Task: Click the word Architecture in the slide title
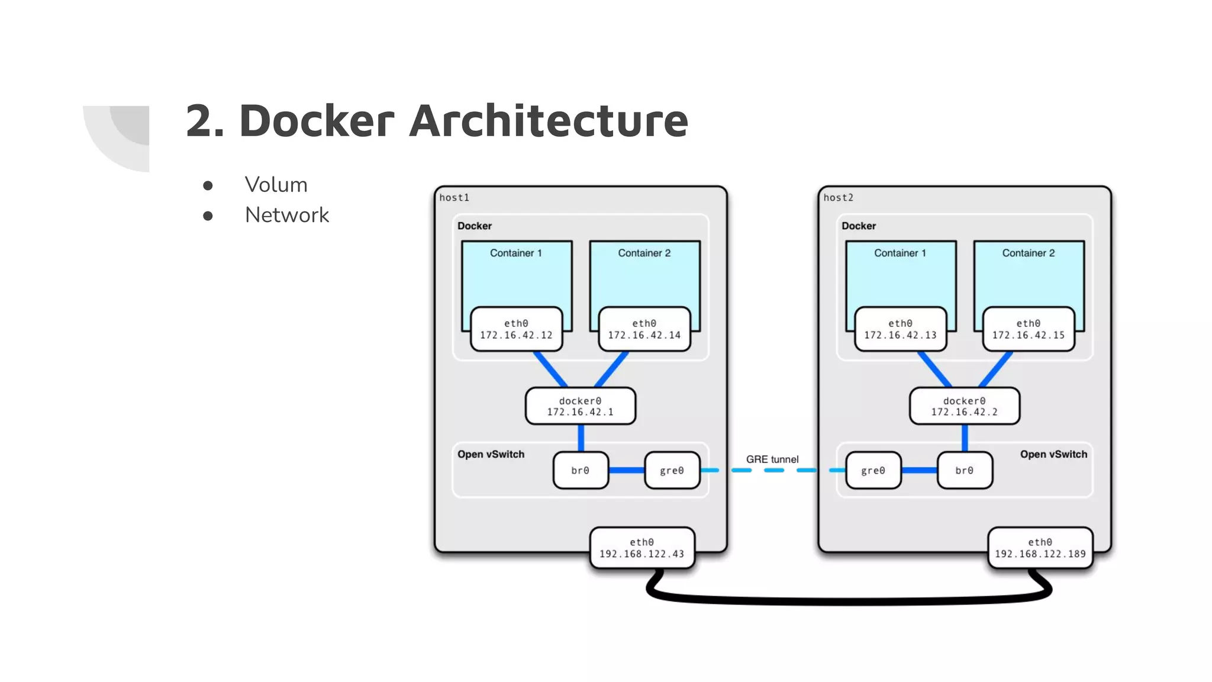coord(548,121)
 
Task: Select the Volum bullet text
coord(276,185)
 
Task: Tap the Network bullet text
coord(286,215)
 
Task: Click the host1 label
coord(454,198)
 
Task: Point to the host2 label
coord(838,198)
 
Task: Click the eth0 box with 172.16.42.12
coord(516,329)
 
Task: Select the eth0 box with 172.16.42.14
coord(644,329)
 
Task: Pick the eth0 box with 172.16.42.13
coord(900,329)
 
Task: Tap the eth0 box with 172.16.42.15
coord(1028,329)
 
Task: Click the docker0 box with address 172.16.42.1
coord(580,406)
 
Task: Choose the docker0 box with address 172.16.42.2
coord(964,406)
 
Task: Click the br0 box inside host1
coord(580,471)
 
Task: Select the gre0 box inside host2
coord(873,471)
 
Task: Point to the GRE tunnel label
coord(772,459)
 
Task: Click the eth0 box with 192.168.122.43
coord(642,548)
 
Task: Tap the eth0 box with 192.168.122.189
coord(1040,548)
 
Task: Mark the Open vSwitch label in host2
coord(1053,455)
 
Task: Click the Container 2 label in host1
coord(644,253)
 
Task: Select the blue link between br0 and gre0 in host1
coord(626,471)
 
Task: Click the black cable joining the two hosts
coord(846,601)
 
